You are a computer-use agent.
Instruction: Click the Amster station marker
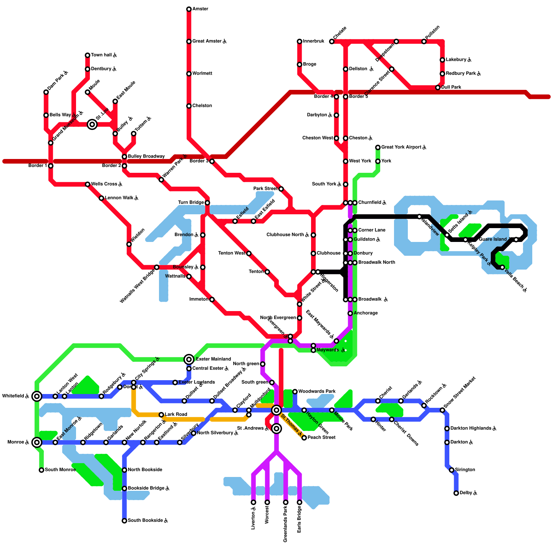189,9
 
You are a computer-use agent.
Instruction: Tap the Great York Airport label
404,147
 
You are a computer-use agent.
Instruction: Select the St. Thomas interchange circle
276,410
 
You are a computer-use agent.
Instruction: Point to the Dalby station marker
456,493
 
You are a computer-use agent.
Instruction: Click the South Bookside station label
148,521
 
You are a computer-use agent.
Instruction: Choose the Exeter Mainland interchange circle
189,359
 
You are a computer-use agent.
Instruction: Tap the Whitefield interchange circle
37,396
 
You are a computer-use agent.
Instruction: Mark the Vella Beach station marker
503,267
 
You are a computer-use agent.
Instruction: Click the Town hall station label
104,55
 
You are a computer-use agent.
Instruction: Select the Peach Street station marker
304,438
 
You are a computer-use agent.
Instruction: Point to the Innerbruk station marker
299,41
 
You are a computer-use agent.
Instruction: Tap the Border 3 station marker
212,161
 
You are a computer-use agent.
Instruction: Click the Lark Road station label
176,414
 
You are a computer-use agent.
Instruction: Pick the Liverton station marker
253,502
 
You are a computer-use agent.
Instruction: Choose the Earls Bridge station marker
299,502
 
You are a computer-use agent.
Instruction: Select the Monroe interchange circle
37,442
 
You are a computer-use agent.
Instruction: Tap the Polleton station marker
424,41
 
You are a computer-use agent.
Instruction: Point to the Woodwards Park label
317,392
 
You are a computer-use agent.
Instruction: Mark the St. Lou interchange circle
92,124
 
